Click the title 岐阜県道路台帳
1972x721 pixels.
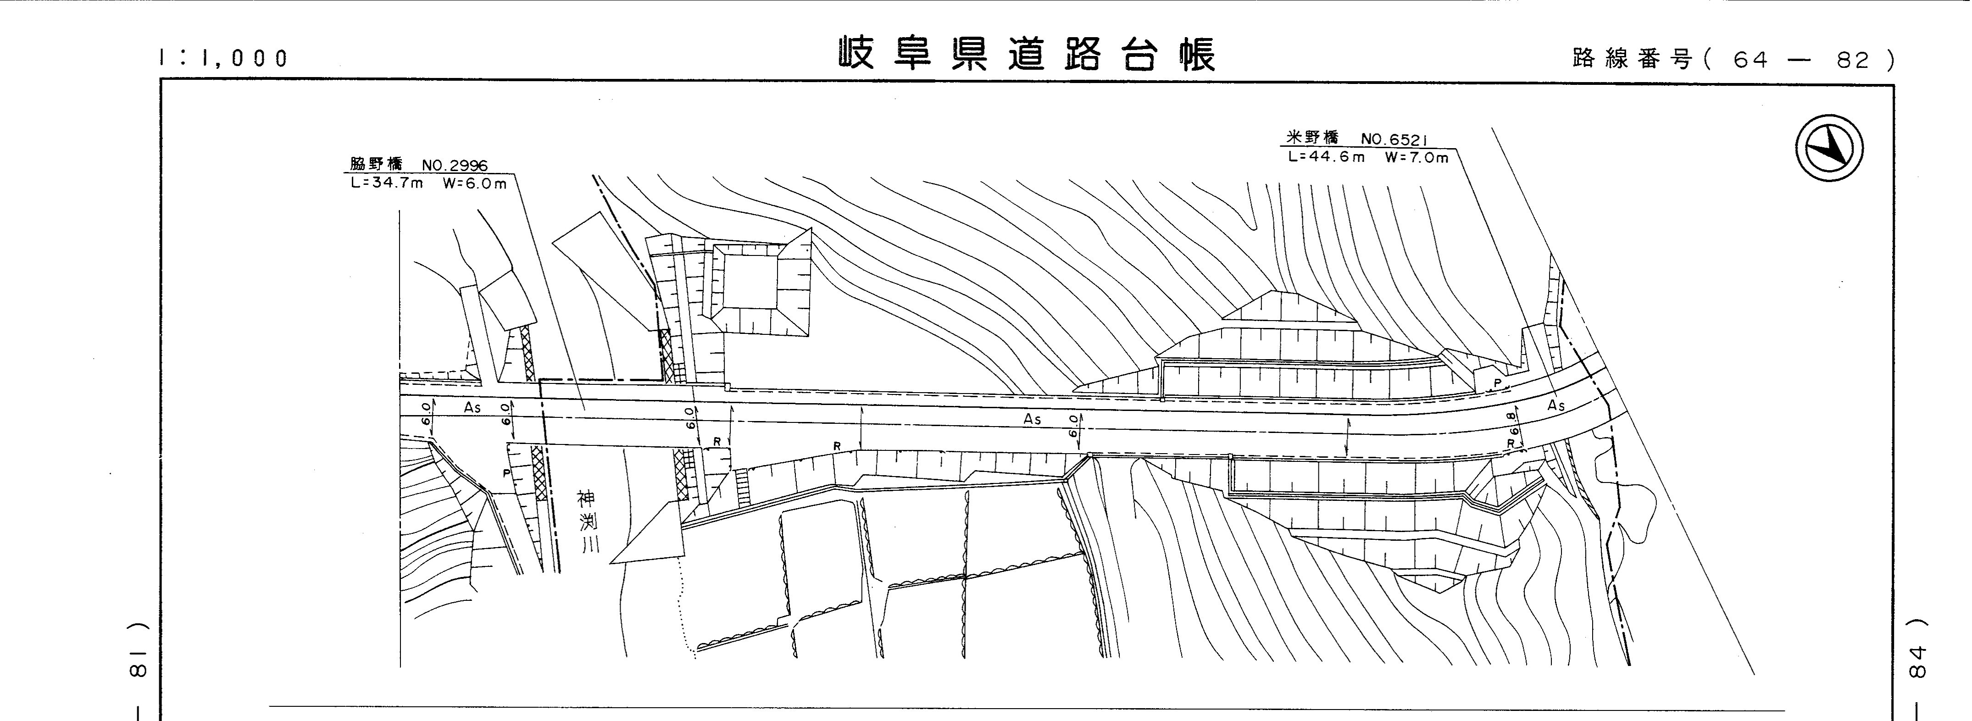click(x=1026, y=54)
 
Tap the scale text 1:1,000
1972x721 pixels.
click(x=223, y=58)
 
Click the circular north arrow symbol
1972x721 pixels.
click(x=1829, y=149)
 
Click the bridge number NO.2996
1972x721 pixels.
click(x=455, y=165)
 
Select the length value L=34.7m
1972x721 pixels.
click(x=387, y=184)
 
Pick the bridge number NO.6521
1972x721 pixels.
click(x=1393, y=139)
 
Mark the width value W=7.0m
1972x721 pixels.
click(x=1416, y=158)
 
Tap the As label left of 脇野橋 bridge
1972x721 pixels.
click(x=472, y=408)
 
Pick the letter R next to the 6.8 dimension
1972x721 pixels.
click(x=1511, y=443)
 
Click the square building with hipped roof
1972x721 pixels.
click(x=746, y=287)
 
